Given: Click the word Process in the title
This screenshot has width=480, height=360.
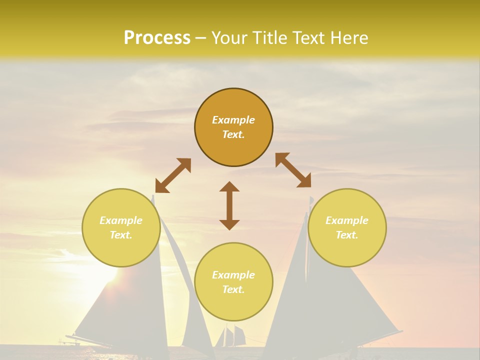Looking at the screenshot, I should [x=157, y=38].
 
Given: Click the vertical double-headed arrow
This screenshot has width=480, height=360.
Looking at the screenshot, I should [x=229, y=205].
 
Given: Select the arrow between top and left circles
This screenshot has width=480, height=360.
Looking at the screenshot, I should [x=173, y=175].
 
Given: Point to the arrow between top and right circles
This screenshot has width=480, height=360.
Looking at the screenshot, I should [x=293, y=170].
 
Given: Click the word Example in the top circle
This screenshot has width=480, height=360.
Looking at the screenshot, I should [x=233, y=120].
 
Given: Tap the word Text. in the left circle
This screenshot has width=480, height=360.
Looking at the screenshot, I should [x=121, y=235].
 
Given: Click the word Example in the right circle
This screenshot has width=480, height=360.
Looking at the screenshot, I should [x=347, y=220].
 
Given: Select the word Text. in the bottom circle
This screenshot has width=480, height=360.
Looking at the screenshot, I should [x=233, y=289].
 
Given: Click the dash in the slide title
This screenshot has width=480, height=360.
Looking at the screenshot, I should [x=200, y=38].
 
